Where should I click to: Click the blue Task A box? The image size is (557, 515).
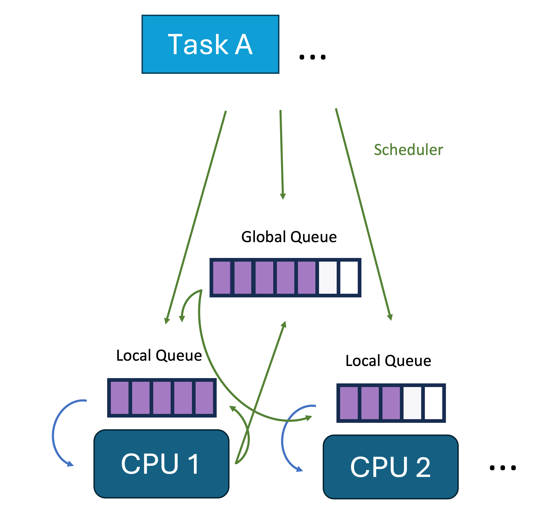[x=210, y=44]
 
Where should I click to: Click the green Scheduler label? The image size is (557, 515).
[x=408, y=150]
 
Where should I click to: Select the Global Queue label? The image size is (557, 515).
[x=289, y=237]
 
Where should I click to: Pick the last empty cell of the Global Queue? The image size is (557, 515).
[x=349, y=278]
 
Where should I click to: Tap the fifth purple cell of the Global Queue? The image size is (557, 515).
[x=306, y=278]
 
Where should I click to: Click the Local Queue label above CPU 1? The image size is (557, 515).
[x=159, y=355]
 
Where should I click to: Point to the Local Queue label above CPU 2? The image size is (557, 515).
[x=388, y=361]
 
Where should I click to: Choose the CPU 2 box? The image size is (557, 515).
[x=390, y=467]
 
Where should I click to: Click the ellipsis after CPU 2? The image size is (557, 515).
[x=503, y=468]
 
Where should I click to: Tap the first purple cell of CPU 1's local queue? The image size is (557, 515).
[x=120, y=398]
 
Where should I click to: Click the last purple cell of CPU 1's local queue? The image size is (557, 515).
[x=204, y=398]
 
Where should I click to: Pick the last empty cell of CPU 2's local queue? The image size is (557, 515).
[x=433, y=403]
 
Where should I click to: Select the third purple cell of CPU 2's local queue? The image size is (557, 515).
[x=391, y=403]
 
